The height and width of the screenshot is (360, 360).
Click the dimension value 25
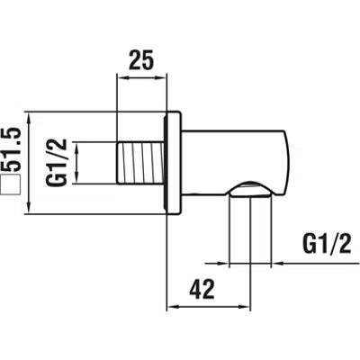pos(141,60)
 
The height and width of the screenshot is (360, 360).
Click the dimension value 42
pos(202,289)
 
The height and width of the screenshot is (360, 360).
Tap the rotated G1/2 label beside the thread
pos(56,163)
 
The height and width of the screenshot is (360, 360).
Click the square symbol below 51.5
pos(11,184)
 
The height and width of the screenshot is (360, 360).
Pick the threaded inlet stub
pos(140,163)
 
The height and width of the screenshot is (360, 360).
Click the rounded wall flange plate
pos(173,163)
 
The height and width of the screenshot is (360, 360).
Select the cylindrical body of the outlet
pos(236,164)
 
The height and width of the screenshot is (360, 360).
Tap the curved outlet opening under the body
pos(250,189)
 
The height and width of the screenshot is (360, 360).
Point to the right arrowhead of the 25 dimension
pos(161,77)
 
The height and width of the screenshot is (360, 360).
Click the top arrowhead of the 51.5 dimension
pos(29,118)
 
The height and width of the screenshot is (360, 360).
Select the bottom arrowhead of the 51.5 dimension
pos(29,209)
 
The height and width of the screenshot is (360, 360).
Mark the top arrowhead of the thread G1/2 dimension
pos(77,148)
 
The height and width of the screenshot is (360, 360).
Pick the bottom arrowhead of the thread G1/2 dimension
pos(77,177)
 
